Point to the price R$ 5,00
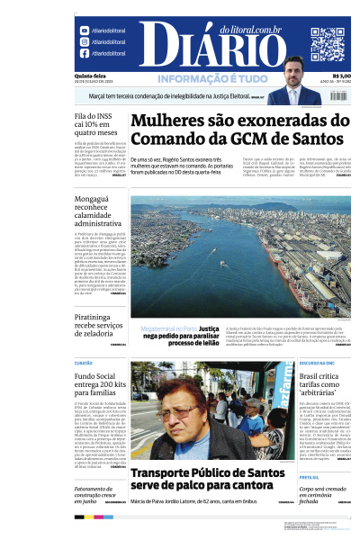click(x=341, y=75)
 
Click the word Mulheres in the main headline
click(x=179, y=119)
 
